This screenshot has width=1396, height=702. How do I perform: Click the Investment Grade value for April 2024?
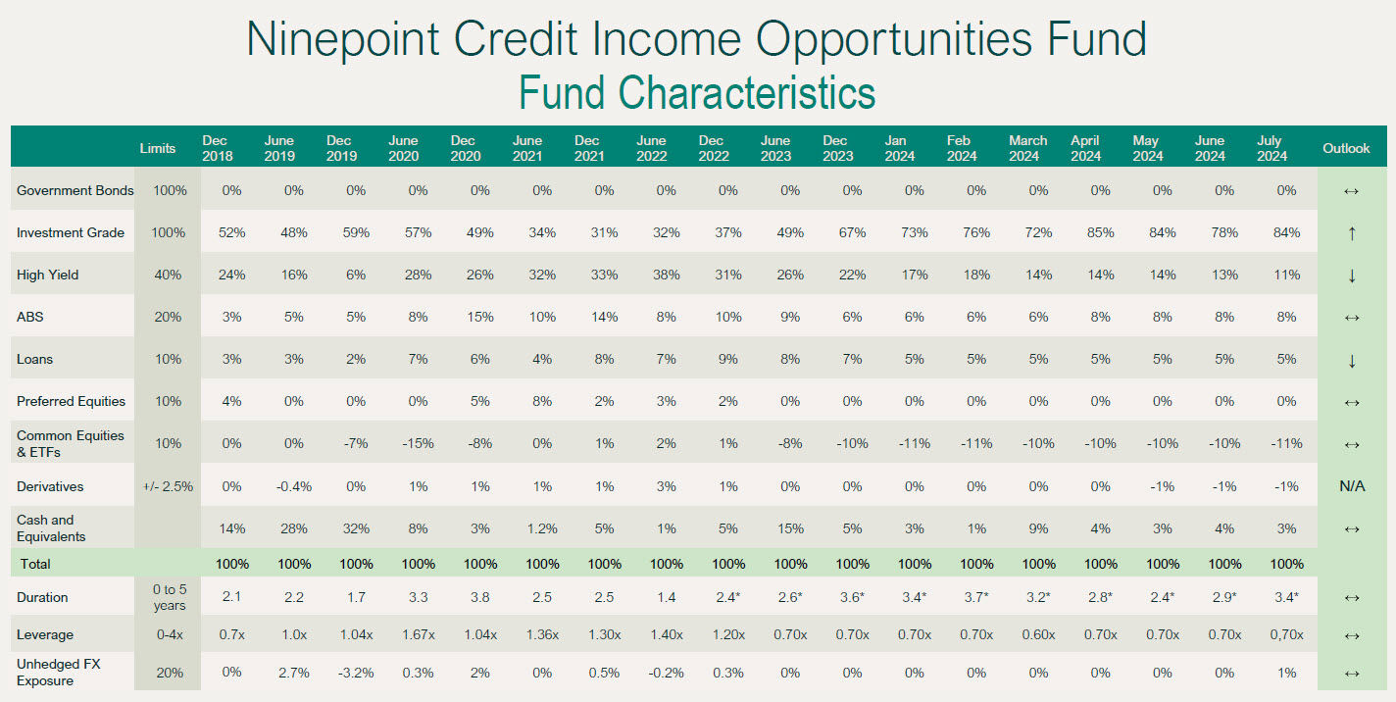tap(1101, 232)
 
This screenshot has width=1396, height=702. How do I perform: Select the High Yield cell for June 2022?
tap(667, 275)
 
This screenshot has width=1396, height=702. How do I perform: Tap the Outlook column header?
tap(1346, 148)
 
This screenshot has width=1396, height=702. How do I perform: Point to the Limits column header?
tap(158, 148)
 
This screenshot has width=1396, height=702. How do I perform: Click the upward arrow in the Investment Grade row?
tap(1352, 233)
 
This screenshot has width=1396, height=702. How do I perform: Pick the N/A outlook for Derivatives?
tap(1352, 486)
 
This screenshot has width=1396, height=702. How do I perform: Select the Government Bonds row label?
tap(75, 190)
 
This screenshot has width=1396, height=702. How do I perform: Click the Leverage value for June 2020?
tap(419, 634)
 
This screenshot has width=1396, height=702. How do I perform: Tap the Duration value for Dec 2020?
tap(480, 597)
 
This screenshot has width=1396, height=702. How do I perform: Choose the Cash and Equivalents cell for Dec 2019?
tap(356, 528)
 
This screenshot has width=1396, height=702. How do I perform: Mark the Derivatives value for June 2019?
tap(293, 486)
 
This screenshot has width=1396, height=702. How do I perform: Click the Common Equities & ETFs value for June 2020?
tap(419, 443)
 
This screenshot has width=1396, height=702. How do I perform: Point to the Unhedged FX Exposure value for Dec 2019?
tap(356, 673)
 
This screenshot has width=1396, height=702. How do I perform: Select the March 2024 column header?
tap(1028, 148)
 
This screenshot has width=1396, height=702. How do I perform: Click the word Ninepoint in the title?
tap(343, 39)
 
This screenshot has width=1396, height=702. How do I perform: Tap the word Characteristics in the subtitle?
tap(747, 93)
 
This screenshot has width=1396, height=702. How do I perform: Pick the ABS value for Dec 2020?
tap(480, 317)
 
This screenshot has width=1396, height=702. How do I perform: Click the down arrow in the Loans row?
tap(1352, 361)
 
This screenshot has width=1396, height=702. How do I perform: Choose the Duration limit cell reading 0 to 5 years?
tap(170, 597)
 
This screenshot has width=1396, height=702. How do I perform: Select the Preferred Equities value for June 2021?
tap(542, 402)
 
